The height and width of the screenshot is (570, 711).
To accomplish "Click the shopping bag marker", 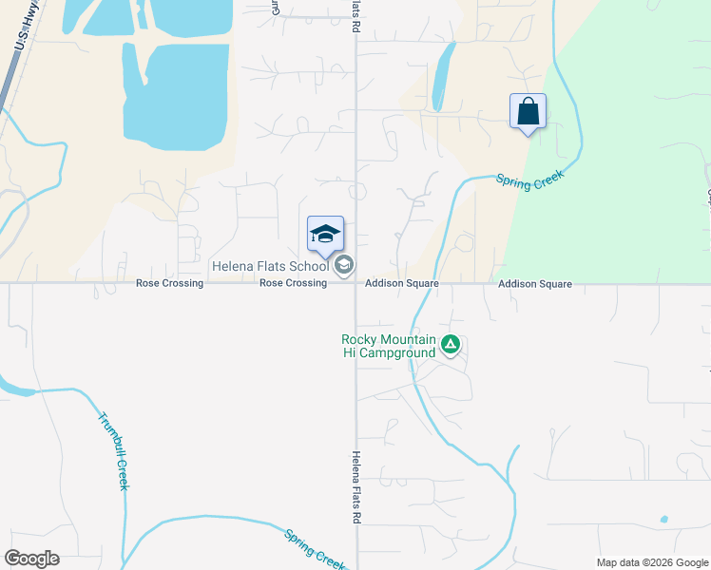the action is [x=528, y=112].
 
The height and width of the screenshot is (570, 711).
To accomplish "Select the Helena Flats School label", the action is [x=271, y=266].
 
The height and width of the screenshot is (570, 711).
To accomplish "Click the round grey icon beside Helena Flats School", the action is [x=344, y=266].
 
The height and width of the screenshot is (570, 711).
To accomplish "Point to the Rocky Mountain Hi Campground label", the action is [x=390, y=346].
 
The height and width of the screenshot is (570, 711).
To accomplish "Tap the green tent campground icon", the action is [x=452, y=346].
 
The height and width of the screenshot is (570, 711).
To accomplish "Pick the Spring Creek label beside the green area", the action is [x=529, y=178].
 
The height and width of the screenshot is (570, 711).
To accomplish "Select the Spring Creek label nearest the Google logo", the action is [x=316, y=547].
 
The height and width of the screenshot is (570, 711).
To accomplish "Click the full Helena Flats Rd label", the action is [x=355, y=488].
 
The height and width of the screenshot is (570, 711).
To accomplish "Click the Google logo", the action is [x=31, y=559].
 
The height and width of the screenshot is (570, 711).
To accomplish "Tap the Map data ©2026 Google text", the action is [x=651, y=562].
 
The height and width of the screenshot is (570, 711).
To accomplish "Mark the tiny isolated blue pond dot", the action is [x=663, y=520].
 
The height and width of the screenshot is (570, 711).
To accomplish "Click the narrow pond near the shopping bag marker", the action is [x=440, y=76].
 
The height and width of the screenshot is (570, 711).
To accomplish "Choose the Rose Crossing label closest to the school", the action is [x=293, y=283].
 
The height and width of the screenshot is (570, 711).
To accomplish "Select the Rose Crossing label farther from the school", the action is [x=169, y=283].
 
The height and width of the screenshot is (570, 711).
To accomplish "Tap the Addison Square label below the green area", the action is [x=534, y=284].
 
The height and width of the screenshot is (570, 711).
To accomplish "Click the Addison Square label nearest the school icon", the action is [x=402, y=284].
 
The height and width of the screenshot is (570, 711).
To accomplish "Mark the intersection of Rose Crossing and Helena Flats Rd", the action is [x=355, y=282].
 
